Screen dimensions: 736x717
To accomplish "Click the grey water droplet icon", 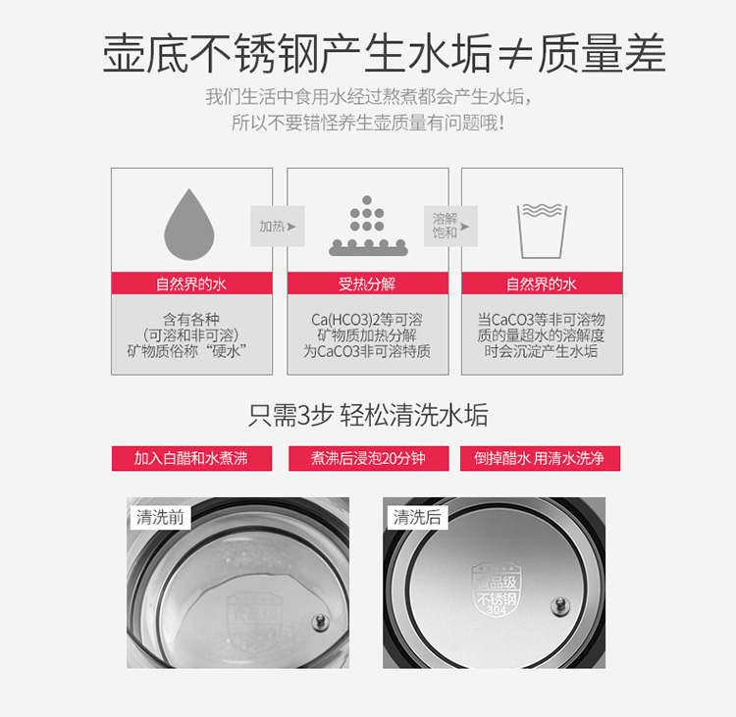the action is point(189,225).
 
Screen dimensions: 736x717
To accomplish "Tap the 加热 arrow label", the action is point(278,227).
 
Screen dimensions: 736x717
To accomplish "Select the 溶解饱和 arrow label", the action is point(450,227).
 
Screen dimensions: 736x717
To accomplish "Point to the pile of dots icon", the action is point(368,226).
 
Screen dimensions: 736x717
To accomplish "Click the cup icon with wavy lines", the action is point(542,231).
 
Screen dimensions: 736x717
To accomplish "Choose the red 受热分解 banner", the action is point(368,283).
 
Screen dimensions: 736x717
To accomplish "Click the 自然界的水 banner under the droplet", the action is point(191,283).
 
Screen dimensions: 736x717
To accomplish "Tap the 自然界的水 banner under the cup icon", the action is point(542,283).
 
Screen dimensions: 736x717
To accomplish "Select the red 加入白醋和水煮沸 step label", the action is point(191,458).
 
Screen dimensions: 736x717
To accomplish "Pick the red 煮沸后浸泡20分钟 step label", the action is point(368,458).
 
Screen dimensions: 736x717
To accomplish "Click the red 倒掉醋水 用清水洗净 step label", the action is point(540,458).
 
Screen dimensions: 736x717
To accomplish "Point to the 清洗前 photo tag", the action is point(160,517).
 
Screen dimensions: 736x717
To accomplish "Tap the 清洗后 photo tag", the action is point(417,517).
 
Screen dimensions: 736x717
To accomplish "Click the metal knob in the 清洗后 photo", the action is point(560,606).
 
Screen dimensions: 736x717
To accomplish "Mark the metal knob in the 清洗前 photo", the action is point(321,623).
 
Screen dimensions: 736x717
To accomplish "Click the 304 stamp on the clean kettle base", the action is point(497,609).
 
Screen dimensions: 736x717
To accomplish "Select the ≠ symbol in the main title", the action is point(515,54).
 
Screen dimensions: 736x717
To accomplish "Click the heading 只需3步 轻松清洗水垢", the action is point(368,415).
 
